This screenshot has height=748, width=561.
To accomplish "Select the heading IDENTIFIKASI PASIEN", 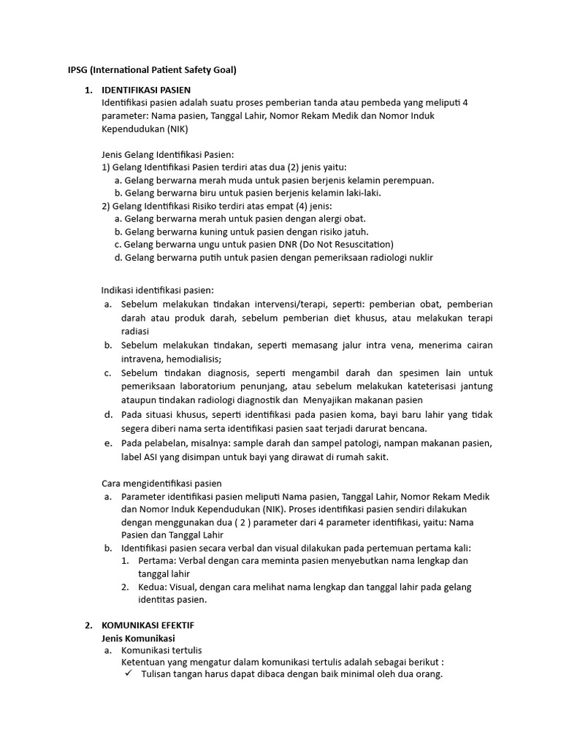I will click(146, 90).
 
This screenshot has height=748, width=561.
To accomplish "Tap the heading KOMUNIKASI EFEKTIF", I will click(148, 626).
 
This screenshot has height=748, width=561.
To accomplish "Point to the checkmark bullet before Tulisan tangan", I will click(129, 674).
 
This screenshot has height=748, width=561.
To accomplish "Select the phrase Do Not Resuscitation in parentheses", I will click(346, 244).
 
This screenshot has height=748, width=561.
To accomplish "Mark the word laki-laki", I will click(364, 193).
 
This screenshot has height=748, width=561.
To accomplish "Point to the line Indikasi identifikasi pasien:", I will click(158, 290).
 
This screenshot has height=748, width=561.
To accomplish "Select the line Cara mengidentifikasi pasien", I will click(161, 483).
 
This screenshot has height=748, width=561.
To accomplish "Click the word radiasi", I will click(135, 331).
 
